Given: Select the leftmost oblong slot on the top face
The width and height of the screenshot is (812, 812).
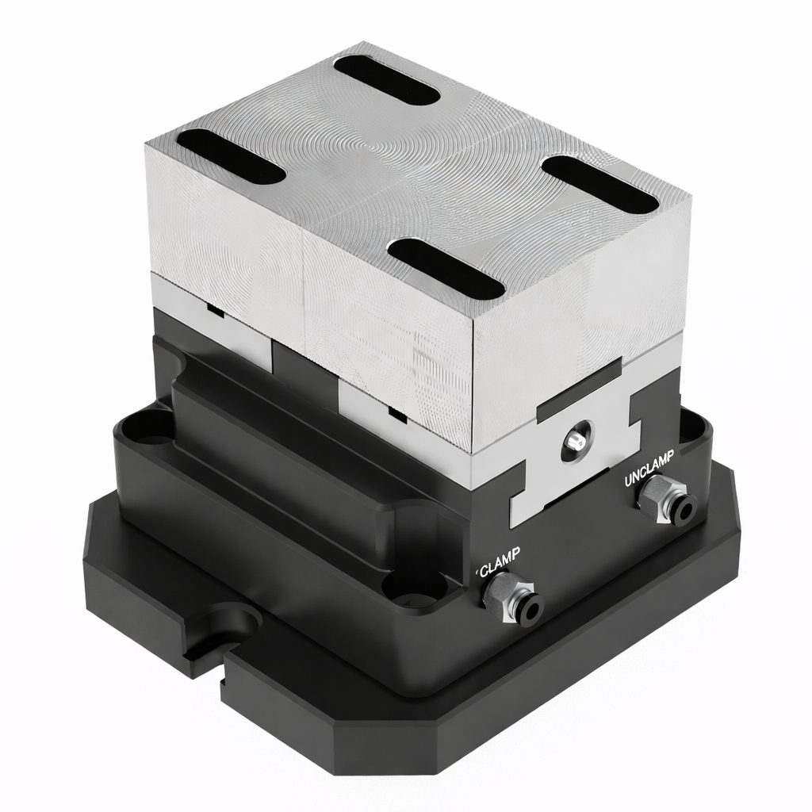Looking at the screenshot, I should tap(230, 156).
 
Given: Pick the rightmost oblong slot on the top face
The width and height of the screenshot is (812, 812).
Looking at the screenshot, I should tap(600, 184).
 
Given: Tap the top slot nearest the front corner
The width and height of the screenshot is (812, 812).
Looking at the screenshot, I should tap(446, 269).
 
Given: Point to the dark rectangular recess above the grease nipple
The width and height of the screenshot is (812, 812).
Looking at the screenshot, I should tap(579, 389).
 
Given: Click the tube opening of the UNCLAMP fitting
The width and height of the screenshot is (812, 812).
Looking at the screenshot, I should tap(681, 511).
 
